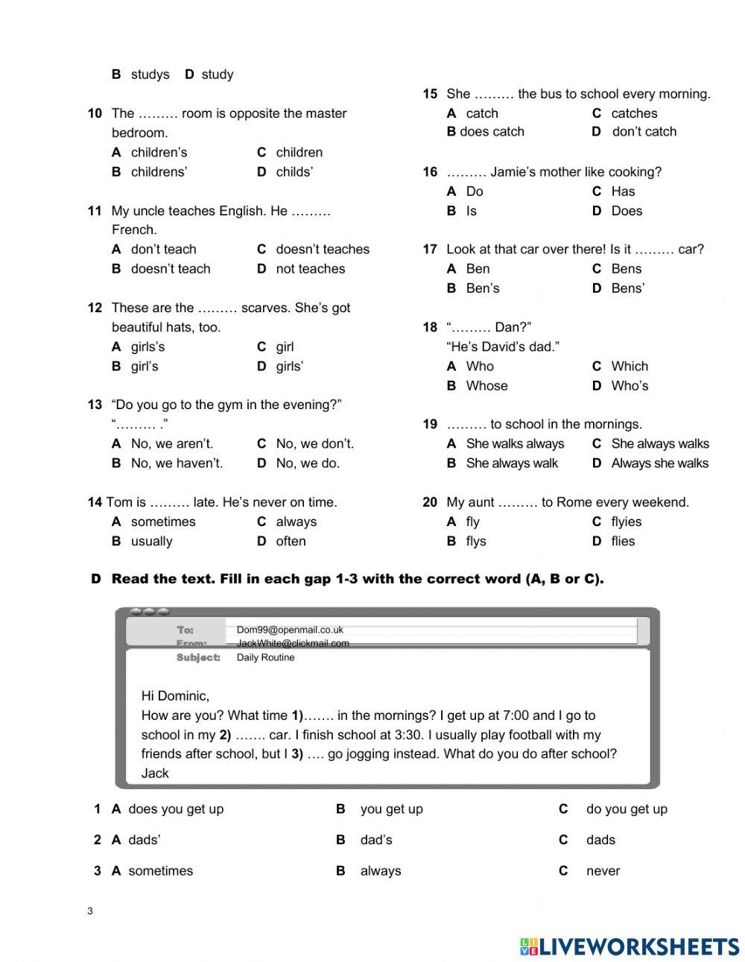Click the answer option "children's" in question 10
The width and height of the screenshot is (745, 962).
[x=159, y=153]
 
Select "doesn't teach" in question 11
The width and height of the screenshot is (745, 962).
[x=171, y=269]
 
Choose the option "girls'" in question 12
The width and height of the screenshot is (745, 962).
[x=289, y=367]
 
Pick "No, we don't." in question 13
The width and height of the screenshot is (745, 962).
[x=314, y=444]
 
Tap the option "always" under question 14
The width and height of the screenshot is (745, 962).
[x=296, y=522]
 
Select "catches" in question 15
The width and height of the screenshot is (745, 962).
[x=634, y=114]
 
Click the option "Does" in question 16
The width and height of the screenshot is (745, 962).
[x=626, y=212]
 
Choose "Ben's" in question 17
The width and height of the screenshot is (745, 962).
[x=482, y=289]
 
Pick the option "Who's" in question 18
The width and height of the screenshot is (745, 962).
[x=630, y=386]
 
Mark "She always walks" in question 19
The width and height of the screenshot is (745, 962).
[x=659, y=444]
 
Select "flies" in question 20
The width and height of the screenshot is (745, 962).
[x=623, y=542]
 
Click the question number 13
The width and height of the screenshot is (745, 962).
[x=95, y=405]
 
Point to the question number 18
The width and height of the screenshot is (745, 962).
[x=430, y=328]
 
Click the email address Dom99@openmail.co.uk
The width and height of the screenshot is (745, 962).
[x=290, y=630]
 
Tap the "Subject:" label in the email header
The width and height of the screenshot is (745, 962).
[x=198, y=658]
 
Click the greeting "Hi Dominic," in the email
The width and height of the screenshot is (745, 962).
[x=175, y=697]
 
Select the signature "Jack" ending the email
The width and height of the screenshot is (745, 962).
[x=155, y=773]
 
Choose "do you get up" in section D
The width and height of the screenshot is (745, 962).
[x=627, y=809]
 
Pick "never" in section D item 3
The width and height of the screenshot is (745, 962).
[x=603, y=871]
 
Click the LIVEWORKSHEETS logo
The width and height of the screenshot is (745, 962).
[x=630, y=946]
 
